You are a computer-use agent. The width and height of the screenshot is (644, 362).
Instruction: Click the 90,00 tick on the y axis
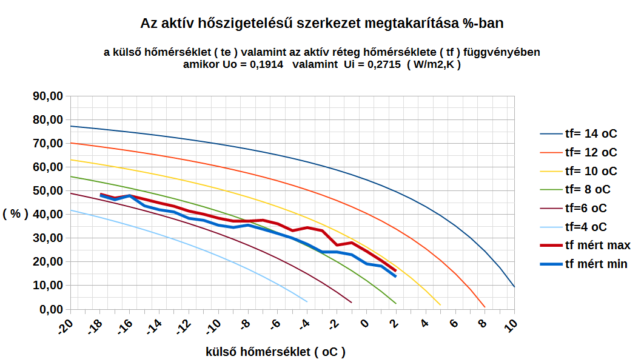pos(47,96)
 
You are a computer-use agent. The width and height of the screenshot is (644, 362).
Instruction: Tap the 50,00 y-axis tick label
pos(47,190)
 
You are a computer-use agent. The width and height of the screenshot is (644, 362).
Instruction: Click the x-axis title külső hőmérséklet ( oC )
pos(276,351)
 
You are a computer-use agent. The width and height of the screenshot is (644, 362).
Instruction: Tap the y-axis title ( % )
pos(15,214)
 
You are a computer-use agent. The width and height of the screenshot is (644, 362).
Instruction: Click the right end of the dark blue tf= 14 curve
pos(514,286)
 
